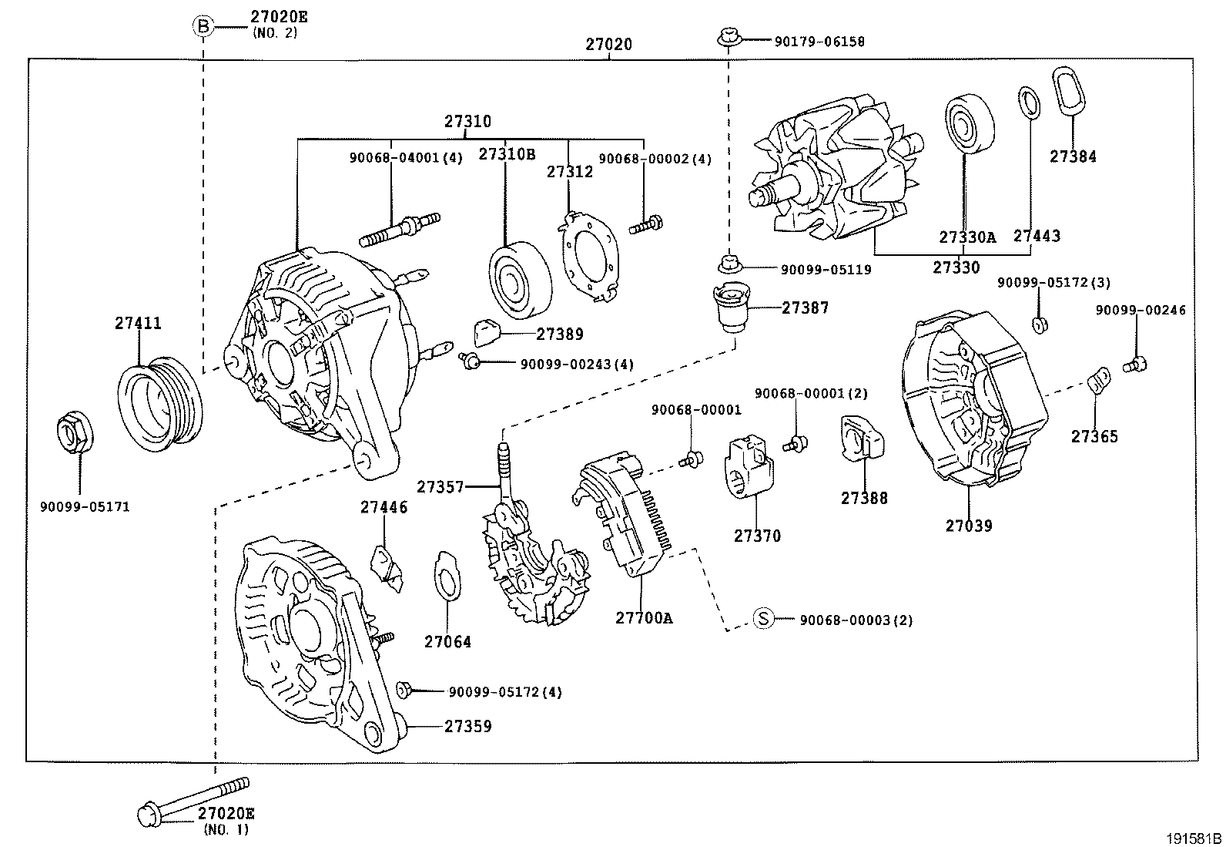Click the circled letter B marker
(x=202, y=26)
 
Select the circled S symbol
(x=762, y=619)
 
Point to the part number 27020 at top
(x=608, y=44)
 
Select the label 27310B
(x=506, y=153)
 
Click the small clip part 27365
(x=1099, y=380)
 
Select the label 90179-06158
(x=819, y=42)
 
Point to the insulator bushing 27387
(x=732, y=306)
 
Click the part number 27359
(x=467, y=726)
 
